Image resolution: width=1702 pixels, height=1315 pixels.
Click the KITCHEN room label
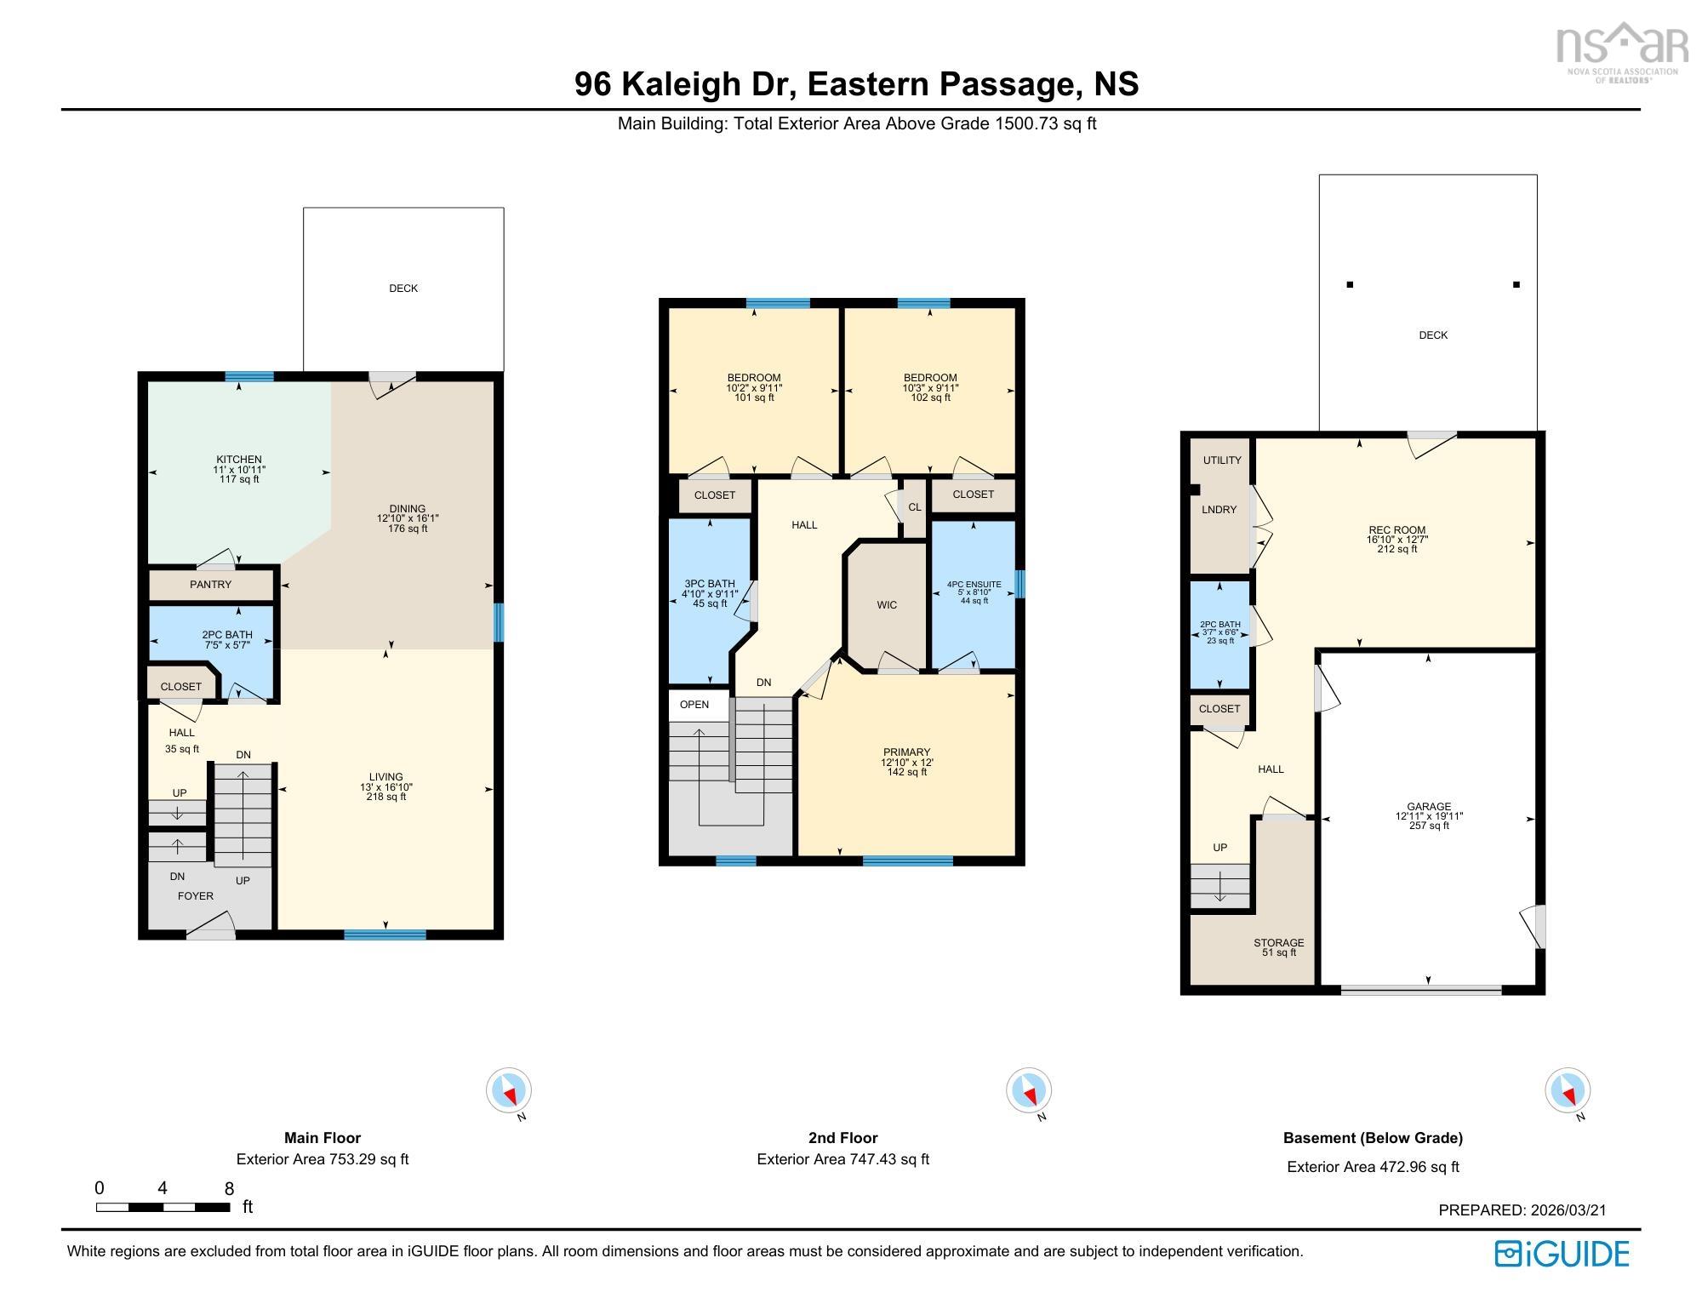pos(238,460)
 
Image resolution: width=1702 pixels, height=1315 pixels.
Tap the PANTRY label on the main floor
pos(210,585)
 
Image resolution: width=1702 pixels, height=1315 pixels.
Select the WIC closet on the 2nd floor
pos(887,605)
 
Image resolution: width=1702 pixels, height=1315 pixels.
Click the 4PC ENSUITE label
pos(974,585)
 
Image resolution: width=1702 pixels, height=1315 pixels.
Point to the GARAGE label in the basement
pos(1429,807)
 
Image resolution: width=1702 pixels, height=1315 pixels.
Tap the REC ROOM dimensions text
pos(1397,540)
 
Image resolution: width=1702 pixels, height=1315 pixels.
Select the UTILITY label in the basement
pos(1222,460)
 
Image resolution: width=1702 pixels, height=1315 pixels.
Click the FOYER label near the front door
pos(195,896)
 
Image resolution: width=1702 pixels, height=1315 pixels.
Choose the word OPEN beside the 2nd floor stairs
pos(694,705)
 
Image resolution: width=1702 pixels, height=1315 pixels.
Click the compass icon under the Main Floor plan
pos(509,1090)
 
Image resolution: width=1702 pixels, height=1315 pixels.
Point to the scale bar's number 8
pos(229,1189)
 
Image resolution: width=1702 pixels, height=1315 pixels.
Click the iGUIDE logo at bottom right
pos(1562,1254)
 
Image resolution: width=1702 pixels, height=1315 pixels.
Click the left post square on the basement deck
pos(1350,285)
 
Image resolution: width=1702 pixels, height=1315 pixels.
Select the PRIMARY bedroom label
pos(906,752)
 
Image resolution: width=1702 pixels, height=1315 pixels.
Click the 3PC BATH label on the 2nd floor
pos(709,584)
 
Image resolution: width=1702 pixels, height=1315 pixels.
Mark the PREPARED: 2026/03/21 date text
pos(1522,1210)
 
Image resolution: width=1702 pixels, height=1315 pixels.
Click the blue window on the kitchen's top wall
pos(249,376)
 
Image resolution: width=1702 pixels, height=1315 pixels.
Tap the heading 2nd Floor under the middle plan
pos(842,1138)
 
